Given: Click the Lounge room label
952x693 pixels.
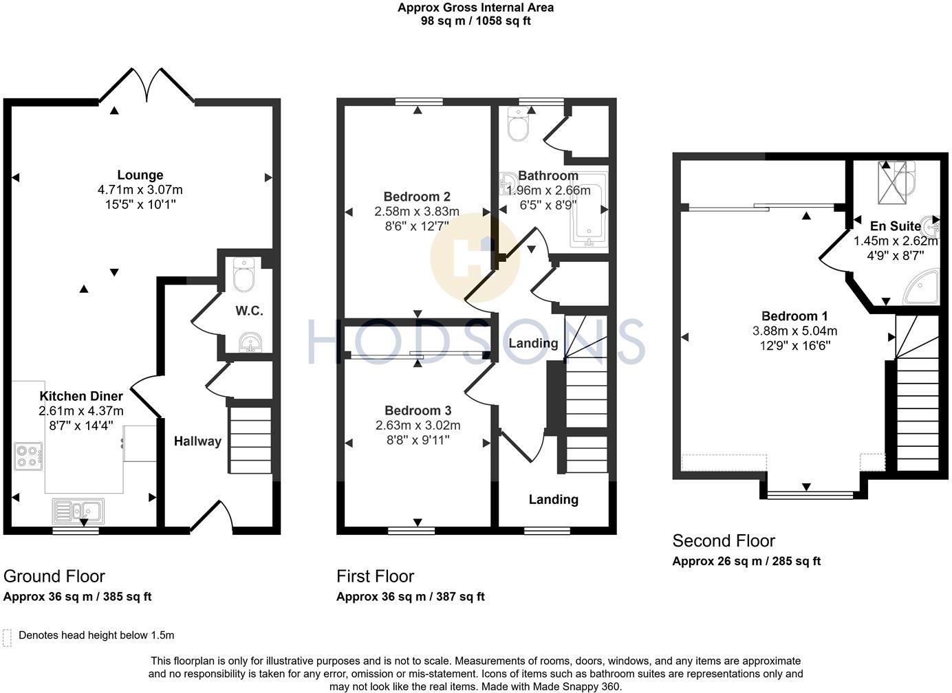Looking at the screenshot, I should pos(140,175).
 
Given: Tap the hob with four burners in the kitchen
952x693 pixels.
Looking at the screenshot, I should pos(28,456).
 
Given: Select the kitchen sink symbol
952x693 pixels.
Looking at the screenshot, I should pos(78,511).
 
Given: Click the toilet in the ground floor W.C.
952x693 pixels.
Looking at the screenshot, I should pos(244,274).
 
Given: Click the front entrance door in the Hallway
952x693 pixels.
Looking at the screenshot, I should pos(211,517).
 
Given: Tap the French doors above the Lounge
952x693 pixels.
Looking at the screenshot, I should pos(147,84).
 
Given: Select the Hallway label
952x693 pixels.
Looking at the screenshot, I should pos(197,441).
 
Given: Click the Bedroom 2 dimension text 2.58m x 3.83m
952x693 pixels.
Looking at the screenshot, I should pos(417,211).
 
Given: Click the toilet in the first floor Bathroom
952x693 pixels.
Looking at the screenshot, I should pos(517,124).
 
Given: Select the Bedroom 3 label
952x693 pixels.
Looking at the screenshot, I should pos(418,410).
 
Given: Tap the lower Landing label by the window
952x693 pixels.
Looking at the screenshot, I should pos(553,500).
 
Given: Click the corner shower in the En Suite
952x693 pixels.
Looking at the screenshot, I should pos(922,287).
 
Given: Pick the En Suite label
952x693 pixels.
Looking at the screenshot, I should pos(895,226).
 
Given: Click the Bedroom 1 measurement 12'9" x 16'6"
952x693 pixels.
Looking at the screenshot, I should pos(794,345).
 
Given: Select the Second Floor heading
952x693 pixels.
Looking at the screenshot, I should pos(723,541).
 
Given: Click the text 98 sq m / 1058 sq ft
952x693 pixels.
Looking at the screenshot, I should pos(475,21).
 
